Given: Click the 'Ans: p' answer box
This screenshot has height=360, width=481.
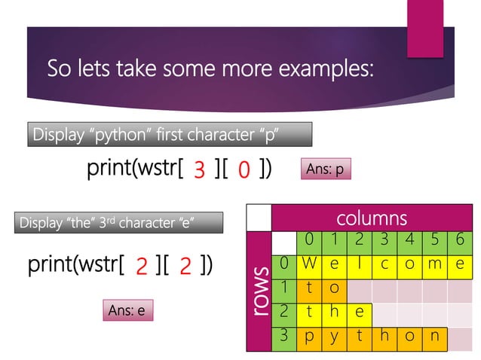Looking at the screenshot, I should click(x=326, y=170).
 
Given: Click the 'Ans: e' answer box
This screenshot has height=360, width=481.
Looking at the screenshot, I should click(x=127, y=310).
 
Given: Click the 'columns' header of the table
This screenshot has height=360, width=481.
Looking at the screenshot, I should click(x=372, y=218).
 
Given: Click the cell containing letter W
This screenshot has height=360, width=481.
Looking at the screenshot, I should click(x=310, y=264).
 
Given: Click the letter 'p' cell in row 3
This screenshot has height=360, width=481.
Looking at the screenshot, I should click(x=310, y=336).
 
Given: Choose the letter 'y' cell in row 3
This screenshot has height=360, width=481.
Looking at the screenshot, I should click(x=335, y=336).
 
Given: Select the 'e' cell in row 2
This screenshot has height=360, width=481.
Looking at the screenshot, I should click(x=360, y=313).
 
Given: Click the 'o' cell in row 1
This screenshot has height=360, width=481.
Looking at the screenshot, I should click(x=335, y=288).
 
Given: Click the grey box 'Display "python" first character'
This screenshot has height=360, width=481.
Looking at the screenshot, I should click(x=170, y=136).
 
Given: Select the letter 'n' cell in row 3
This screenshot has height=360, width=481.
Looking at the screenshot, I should click(x=434, y=336).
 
